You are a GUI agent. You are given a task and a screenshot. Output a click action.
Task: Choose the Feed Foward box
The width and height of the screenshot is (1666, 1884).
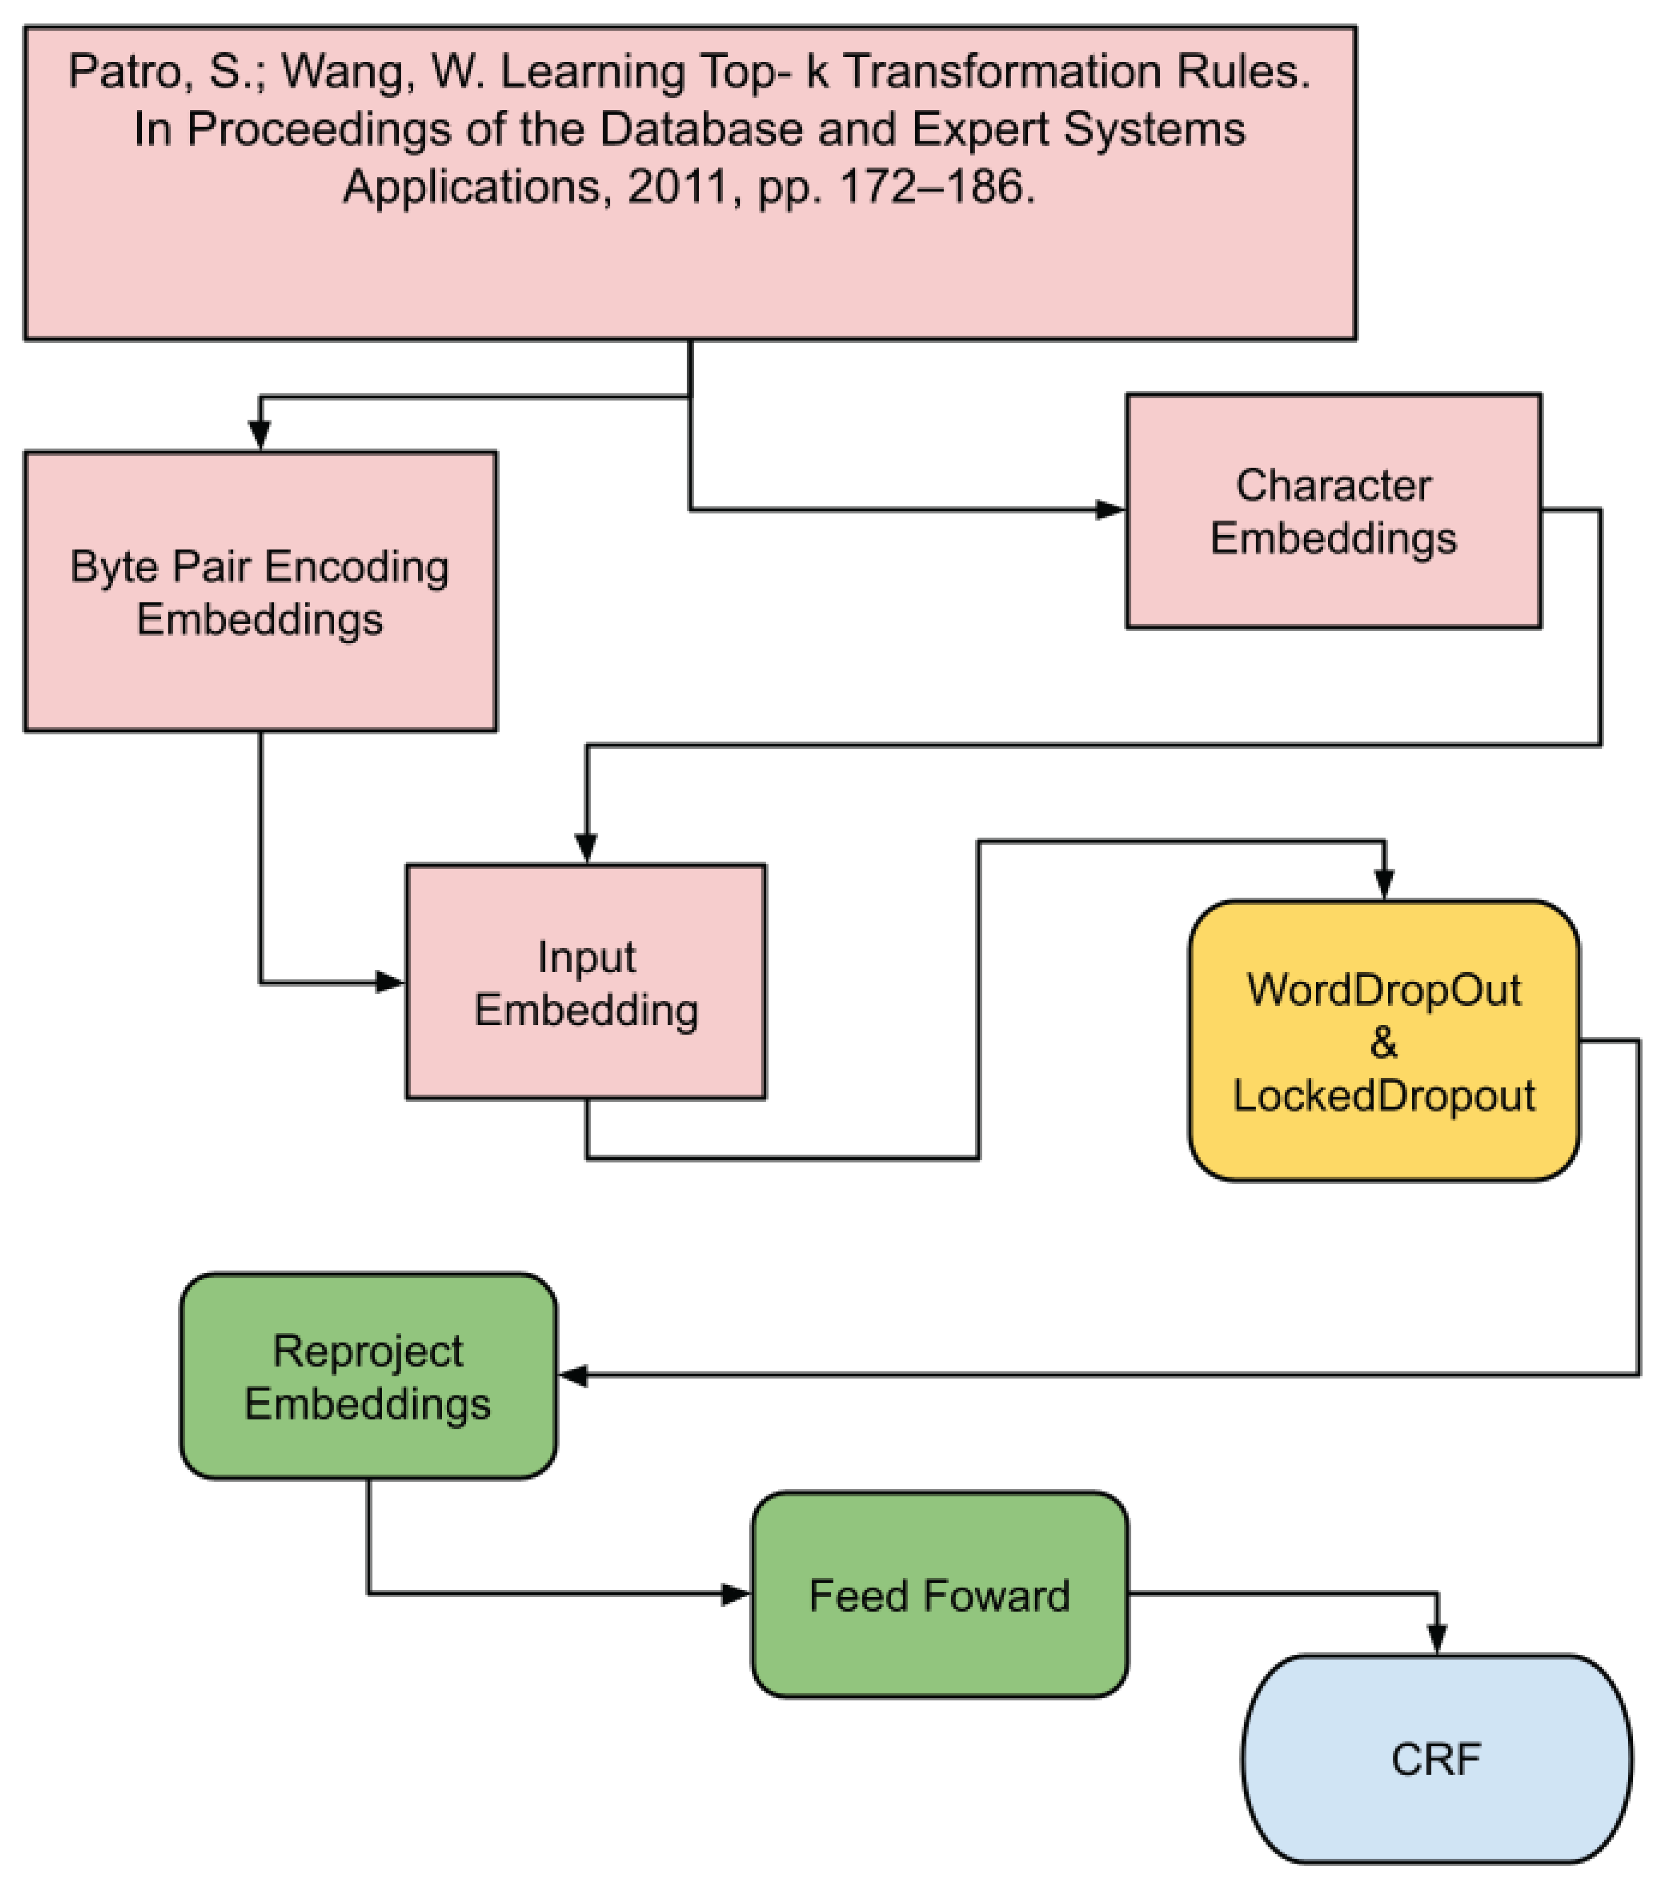click(x=939, y=1595)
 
